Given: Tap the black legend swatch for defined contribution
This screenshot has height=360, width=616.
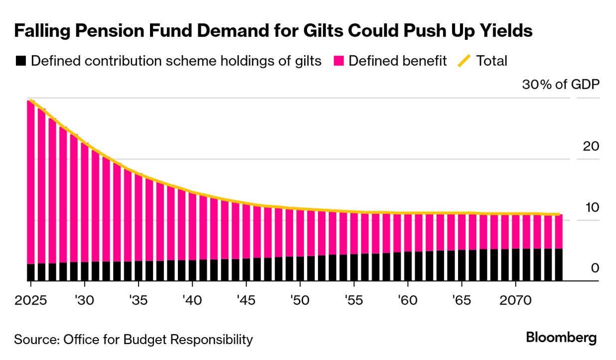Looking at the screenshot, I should (x=20, y=61).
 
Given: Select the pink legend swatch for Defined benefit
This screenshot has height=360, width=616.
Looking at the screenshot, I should (x=339, y=61).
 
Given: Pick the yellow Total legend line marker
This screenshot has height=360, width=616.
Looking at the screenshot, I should (x=464, y=61).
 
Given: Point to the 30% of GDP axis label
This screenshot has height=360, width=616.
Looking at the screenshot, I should (x=560, y=84).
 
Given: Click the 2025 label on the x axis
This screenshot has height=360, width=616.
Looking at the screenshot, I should (x=30, y=302).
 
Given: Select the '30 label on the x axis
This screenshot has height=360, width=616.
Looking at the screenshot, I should (x=84, y=302).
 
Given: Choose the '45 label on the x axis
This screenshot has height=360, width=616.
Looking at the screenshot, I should (x=246, y=302).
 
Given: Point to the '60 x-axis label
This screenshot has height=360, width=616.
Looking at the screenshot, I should (x=407, y=302).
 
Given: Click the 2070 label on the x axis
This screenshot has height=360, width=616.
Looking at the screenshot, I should (x=515, y=302).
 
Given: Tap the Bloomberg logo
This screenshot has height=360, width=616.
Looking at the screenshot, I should (x=561, y=338).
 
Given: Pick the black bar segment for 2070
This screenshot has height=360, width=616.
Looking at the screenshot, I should (x=515, y=265).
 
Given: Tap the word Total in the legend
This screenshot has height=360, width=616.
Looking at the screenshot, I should (x=492, y=61).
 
